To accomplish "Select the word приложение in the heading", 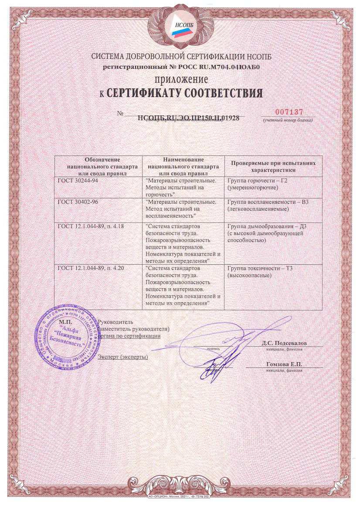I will pos(180,79).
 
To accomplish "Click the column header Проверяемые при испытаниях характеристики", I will pos(273,166).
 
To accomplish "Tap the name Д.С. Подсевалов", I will pos(284,343).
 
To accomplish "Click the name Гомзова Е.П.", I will pos(284,364).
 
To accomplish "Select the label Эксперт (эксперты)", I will pos(123,357).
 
